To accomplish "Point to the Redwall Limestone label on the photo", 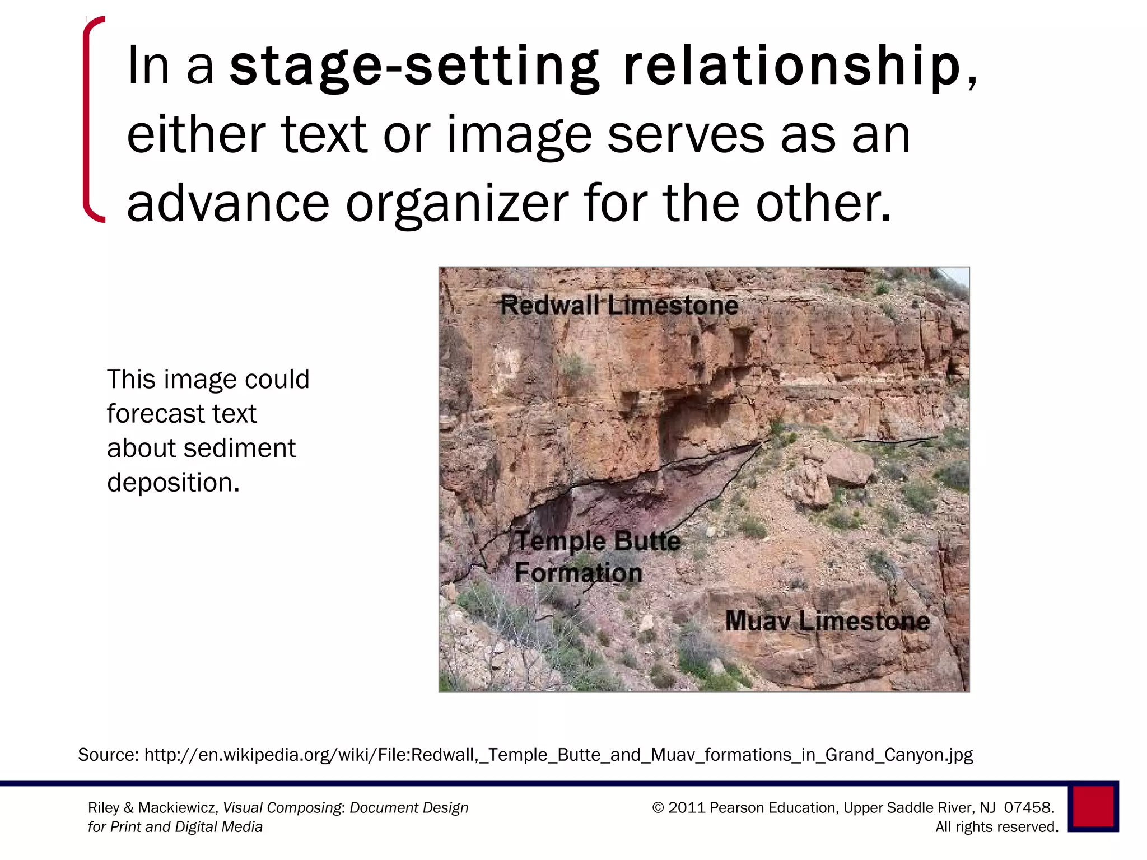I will [619, 306].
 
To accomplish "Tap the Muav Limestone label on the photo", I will [827, 621].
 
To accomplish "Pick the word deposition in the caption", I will [172, 482].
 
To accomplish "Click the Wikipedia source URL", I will [558, 755].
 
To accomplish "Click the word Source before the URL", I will [108, 755].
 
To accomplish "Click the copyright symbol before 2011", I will [658, 807].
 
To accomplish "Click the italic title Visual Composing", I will [282, 808].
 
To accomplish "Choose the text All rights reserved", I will [996, 827].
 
